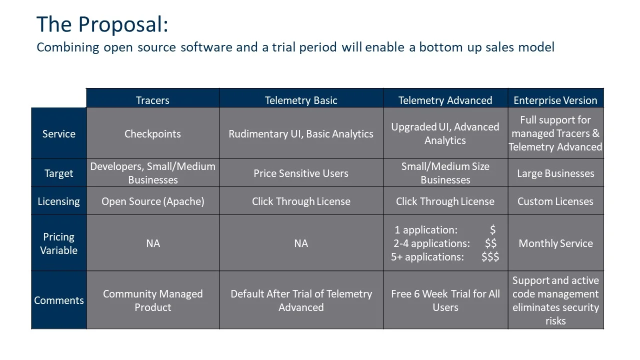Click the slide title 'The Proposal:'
click(x=102, y=24)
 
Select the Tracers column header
click(x=152, y=100)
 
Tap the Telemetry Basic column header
click(x=301, y=100)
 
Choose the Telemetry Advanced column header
click(x=445, y=100)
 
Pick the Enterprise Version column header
click(x=555, y=100)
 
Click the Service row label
click(x=59, y=133)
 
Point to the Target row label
click(x=59, y=173)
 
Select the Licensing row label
click(x=59, y=201)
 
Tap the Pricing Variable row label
click(x=59, y=243)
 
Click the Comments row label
click(x=59, y=300)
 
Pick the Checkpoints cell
click(x=152, y=133)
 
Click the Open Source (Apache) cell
click(x=152, y=201)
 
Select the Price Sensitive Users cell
click(x=301, y=173)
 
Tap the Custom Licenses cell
click(x=555, y=201)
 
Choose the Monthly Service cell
click(x=555, y=243)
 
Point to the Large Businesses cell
click(x=555, y=173)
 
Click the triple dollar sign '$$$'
click(x=490, y=256)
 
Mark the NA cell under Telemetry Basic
click(x=301, y=243)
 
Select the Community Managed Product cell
click(x=152, y=300)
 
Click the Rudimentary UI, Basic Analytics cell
click(x=301, y=133)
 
